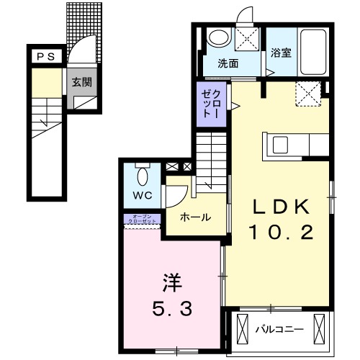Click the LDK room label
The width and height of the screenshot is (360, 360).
pyautogui.click(x=280, y=207)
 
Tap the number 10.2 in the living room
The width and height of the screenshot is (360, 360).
pyautogui.click(x=280, y=232)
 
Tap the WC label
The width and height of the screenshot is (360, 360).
pyautogui.click(x=140, y=194)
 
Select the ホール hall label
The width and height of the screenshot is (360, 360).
pyautogui.click(x=194, y=217)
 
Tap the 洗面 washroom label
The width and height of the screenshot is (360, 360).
pyautogui.click(x=228, y=63)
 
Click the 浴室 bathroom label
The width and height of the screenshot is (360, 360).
pyautogui.click(x=280, y=53)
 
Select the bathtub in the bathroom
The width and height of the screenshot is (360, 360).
pyautogui.click(x=314, y=52)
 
